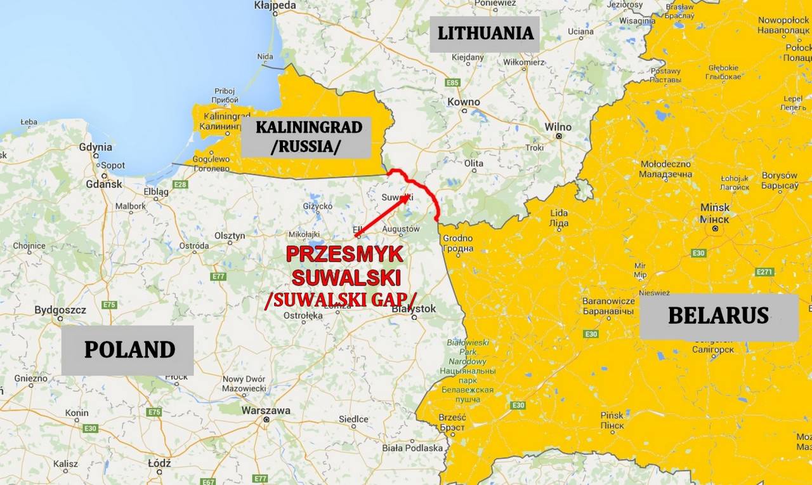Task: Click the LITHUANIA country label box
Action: [485, 34]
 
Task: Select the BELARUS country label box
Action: [718, 316]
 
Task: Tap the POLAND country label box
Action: [129, 350]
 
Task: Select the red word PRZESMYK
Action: [344, 255]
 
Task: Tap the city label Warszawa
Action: [265, 411]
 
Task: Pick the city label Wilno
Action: [558, 127]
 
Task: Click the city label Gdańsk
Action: [104, 184]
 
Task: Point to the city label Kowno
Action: [464, 102]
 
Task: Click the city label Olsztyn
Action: [230, 236]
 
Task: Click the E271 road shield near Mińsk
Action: [765, 272]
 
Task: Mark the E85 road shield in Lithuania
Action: [452, 83]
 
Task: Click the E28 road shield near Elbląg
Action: [180, 185]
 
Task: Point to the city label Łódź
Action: [159, 463]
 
